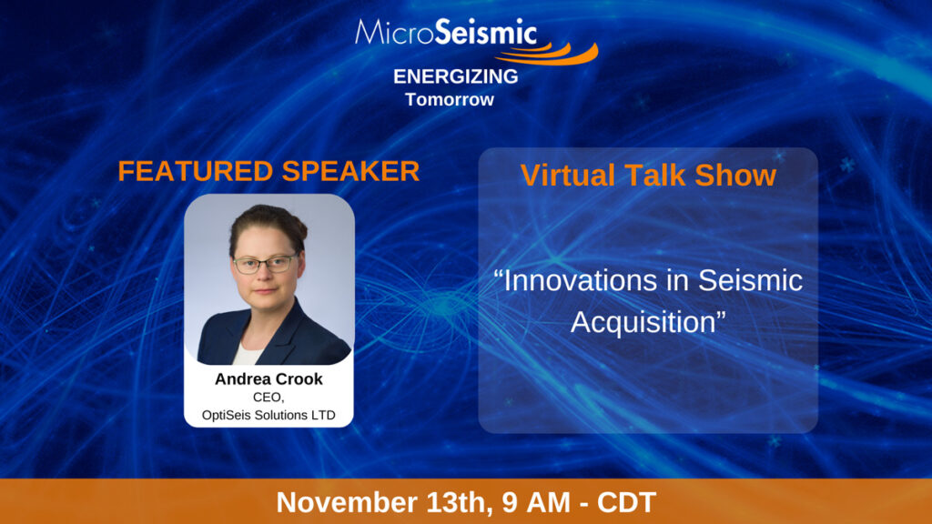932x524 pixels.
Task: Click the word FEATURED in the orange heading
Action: [195, 171]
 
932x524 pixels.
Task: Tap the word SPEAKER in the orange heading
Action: [350, 171]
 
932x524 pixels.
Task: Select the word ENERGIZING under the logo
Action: [456, 76]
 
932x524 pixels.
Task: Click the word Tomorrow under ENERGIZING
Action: [450, 99]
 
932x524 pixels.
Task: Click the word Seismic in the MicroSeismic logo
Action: [486, 32]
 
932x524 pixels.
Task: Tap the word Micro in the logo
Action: [395, 32]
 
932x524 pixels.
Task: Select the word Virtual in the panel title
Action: [568, 176]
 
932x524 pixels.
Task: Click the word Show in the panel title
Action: [735, 176]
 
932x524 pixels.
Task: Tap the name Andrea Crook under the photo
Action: [268, 379]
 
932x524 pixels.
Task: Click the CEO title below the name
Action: [268, 397]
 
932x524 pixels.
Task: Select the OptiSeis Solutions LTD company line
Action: [268, 415]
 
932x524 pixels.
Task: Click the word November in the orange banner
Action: [347, 502]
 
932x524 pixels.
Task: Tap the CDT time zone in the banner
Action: [626, 502]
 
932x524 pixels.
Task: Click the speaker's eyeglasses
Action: [265, 263]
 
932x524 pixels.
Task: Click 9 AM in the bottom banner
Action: [536, 502]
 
